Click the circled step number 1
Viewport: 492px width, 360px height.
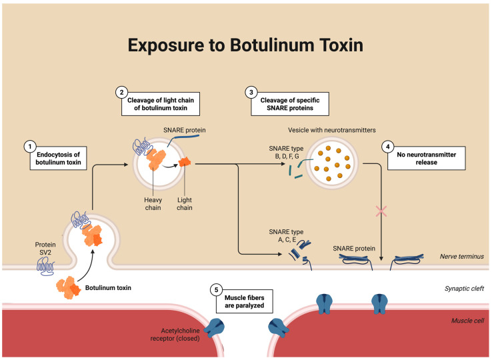point(30,147)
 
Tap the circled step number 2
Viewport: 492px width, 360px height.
point(122,92)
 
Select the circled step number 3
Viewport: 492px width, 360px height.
point(251,92)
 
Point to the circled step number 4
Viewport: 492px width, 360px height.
point(388,147)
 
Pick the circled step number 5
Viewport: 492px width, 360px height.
point(216,290)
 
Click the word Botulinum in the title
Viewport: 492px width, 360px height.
point(272,45)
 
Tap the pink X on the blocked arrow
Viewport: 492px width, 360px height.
point(381,211)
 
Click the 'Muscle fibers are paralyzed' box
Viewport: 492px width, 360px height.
point(245,301)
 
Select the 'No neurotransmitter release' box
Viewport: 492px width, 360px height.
point(427,158)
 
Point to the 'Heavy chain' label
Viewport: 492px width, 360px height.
point(153,204)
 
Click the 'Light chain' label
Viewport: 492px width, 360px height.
point(185,204)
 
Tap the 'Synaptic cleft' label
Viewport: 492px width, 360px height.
point(464,289)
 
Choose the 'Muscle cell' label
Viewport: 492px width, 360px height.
point(467,321)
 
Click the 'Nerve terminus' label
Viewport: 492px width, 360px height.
point(461,257)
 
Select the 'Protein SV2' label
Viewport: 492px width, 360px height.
point(45,248)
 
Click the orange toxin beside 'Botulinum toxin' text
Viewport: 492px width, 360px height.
point(69,287)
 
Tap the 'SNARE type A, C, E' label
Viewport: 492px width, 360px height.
point(286,236)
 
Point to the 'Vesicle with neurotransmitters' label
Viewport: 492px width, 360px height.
point(331,130)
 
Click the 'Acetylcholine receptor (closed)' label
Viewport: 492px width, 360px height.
point(175,335)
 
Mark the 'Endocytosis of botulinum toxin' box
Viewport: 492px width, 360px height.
point(59,158)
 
